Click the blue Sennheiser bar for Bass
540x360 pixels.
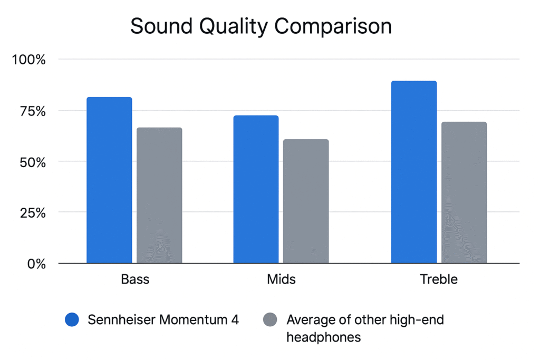click(109, 180)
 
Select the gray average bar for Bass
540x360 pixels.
click(159, 195)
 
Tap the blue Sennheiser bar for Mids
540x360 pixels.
click(256, 189)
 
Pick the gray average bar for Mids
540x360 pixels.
click(306, 201)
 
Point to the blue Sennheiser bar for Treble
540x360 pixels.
click(414, 172)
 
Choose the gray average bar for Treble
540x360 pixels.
click(464, 192)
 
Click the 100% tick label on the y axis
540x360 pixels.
click(28, 60)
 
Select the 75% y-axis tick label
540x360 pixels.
click(33, 111)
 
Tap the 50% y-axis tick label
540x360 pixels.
click(33, 162)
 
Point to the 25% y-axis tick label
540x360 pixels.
click(33, 213)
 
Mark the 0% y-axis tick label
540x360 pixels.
click(36, 264)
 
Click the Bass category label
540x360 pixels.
click(135, 279)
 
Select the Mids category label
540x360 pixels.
click(281, 279)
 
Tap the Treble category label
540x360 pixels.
click(439, 279)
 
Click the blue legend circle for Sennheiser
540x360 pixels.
click(72, 319)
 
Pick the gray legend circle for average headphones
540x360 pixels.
click(270, 319)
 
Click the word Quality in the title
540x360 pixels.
click(234, 26)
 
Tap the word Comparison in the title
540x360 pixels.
click(333, 26)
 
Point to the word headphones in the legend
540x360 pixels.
click(324, 337)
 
